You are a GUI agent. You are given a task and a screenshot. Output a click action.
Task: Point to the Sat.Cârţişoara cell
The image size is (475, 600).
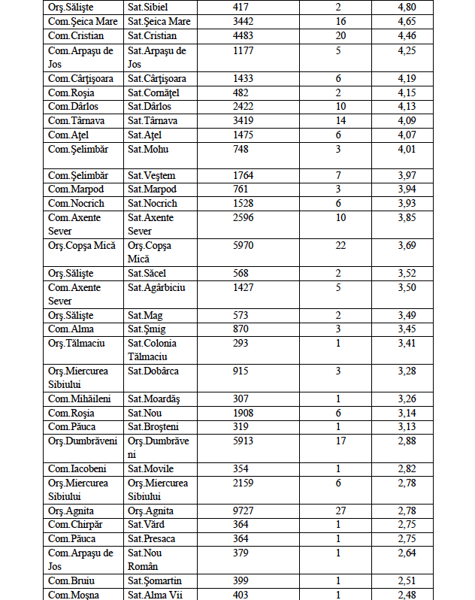(x=157, y=79)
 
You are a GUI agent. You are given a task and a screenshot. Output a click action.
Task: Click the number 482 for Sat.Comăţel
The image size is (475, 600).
(x=241, y=93)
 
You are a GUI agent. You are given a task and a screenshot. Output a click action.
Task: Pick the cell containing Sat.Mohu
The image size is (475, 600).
(x=148, y=149)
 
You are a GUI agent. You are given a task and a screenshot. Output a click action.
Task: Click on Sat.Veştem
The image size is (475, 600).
(x=151, y=176)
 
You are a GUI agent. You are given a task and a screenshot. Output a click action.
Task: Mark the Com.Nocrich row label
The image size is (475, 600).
(x=76, y=204)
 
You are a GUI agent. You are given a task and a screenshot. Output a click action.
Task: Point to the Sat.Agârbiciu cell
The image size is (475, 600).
(x=157, y=287)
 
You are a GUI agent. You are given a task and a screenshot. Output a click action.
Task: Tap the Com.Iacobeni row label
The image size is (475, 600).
(x=77, y=469)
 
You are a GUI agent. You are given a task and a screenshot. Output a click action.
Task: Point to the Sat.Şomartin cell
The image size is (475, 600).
(x=155, y=580)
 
